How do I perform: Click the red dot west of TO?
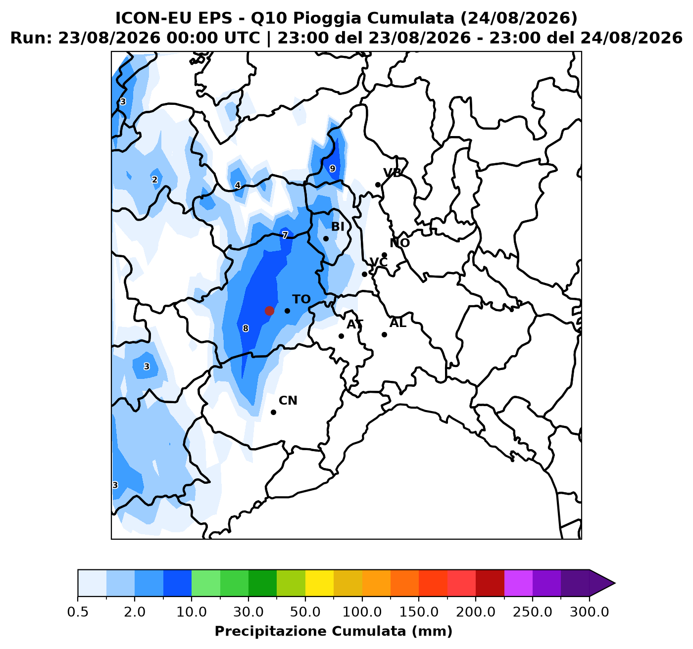269,311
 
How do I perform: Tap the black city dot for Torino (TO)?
287,311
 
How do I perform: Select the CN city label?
288,401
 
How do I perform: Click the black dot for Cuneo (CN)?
274,412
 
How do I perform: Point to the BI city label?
338,227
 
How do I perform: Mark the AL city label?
398,324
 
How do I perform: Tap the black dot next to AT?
341,336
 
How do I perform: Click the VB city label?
393,173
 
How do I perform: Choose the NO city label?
399,243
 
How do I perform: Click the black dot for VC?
364,275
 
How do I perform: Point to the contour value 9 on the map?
333,169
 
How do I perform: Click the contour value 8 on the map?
246,328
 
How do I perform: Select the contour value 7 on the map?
285,235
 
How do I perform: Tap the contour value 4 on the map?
238,185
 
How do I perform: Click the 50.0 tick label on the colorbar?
305,612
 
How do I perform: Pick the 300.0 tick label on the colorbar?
590,612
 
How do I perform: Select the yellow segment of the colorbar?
320,583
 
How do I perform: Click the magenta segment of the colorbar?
519,583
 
